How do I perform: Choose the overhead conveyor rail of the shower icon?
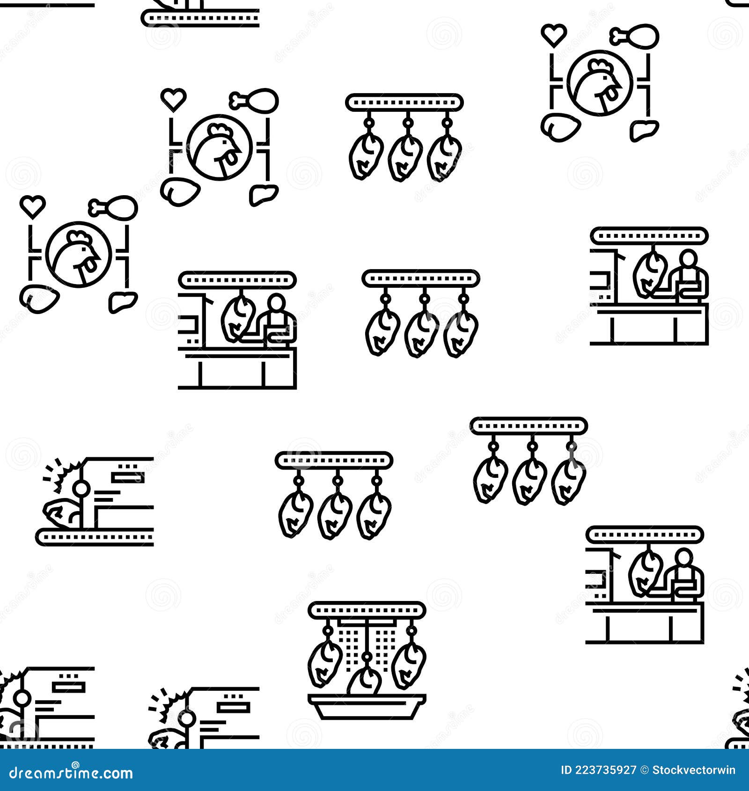[x=367, y=609]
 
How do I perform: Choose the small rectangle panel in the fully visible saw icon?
[x=127, y=477]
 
